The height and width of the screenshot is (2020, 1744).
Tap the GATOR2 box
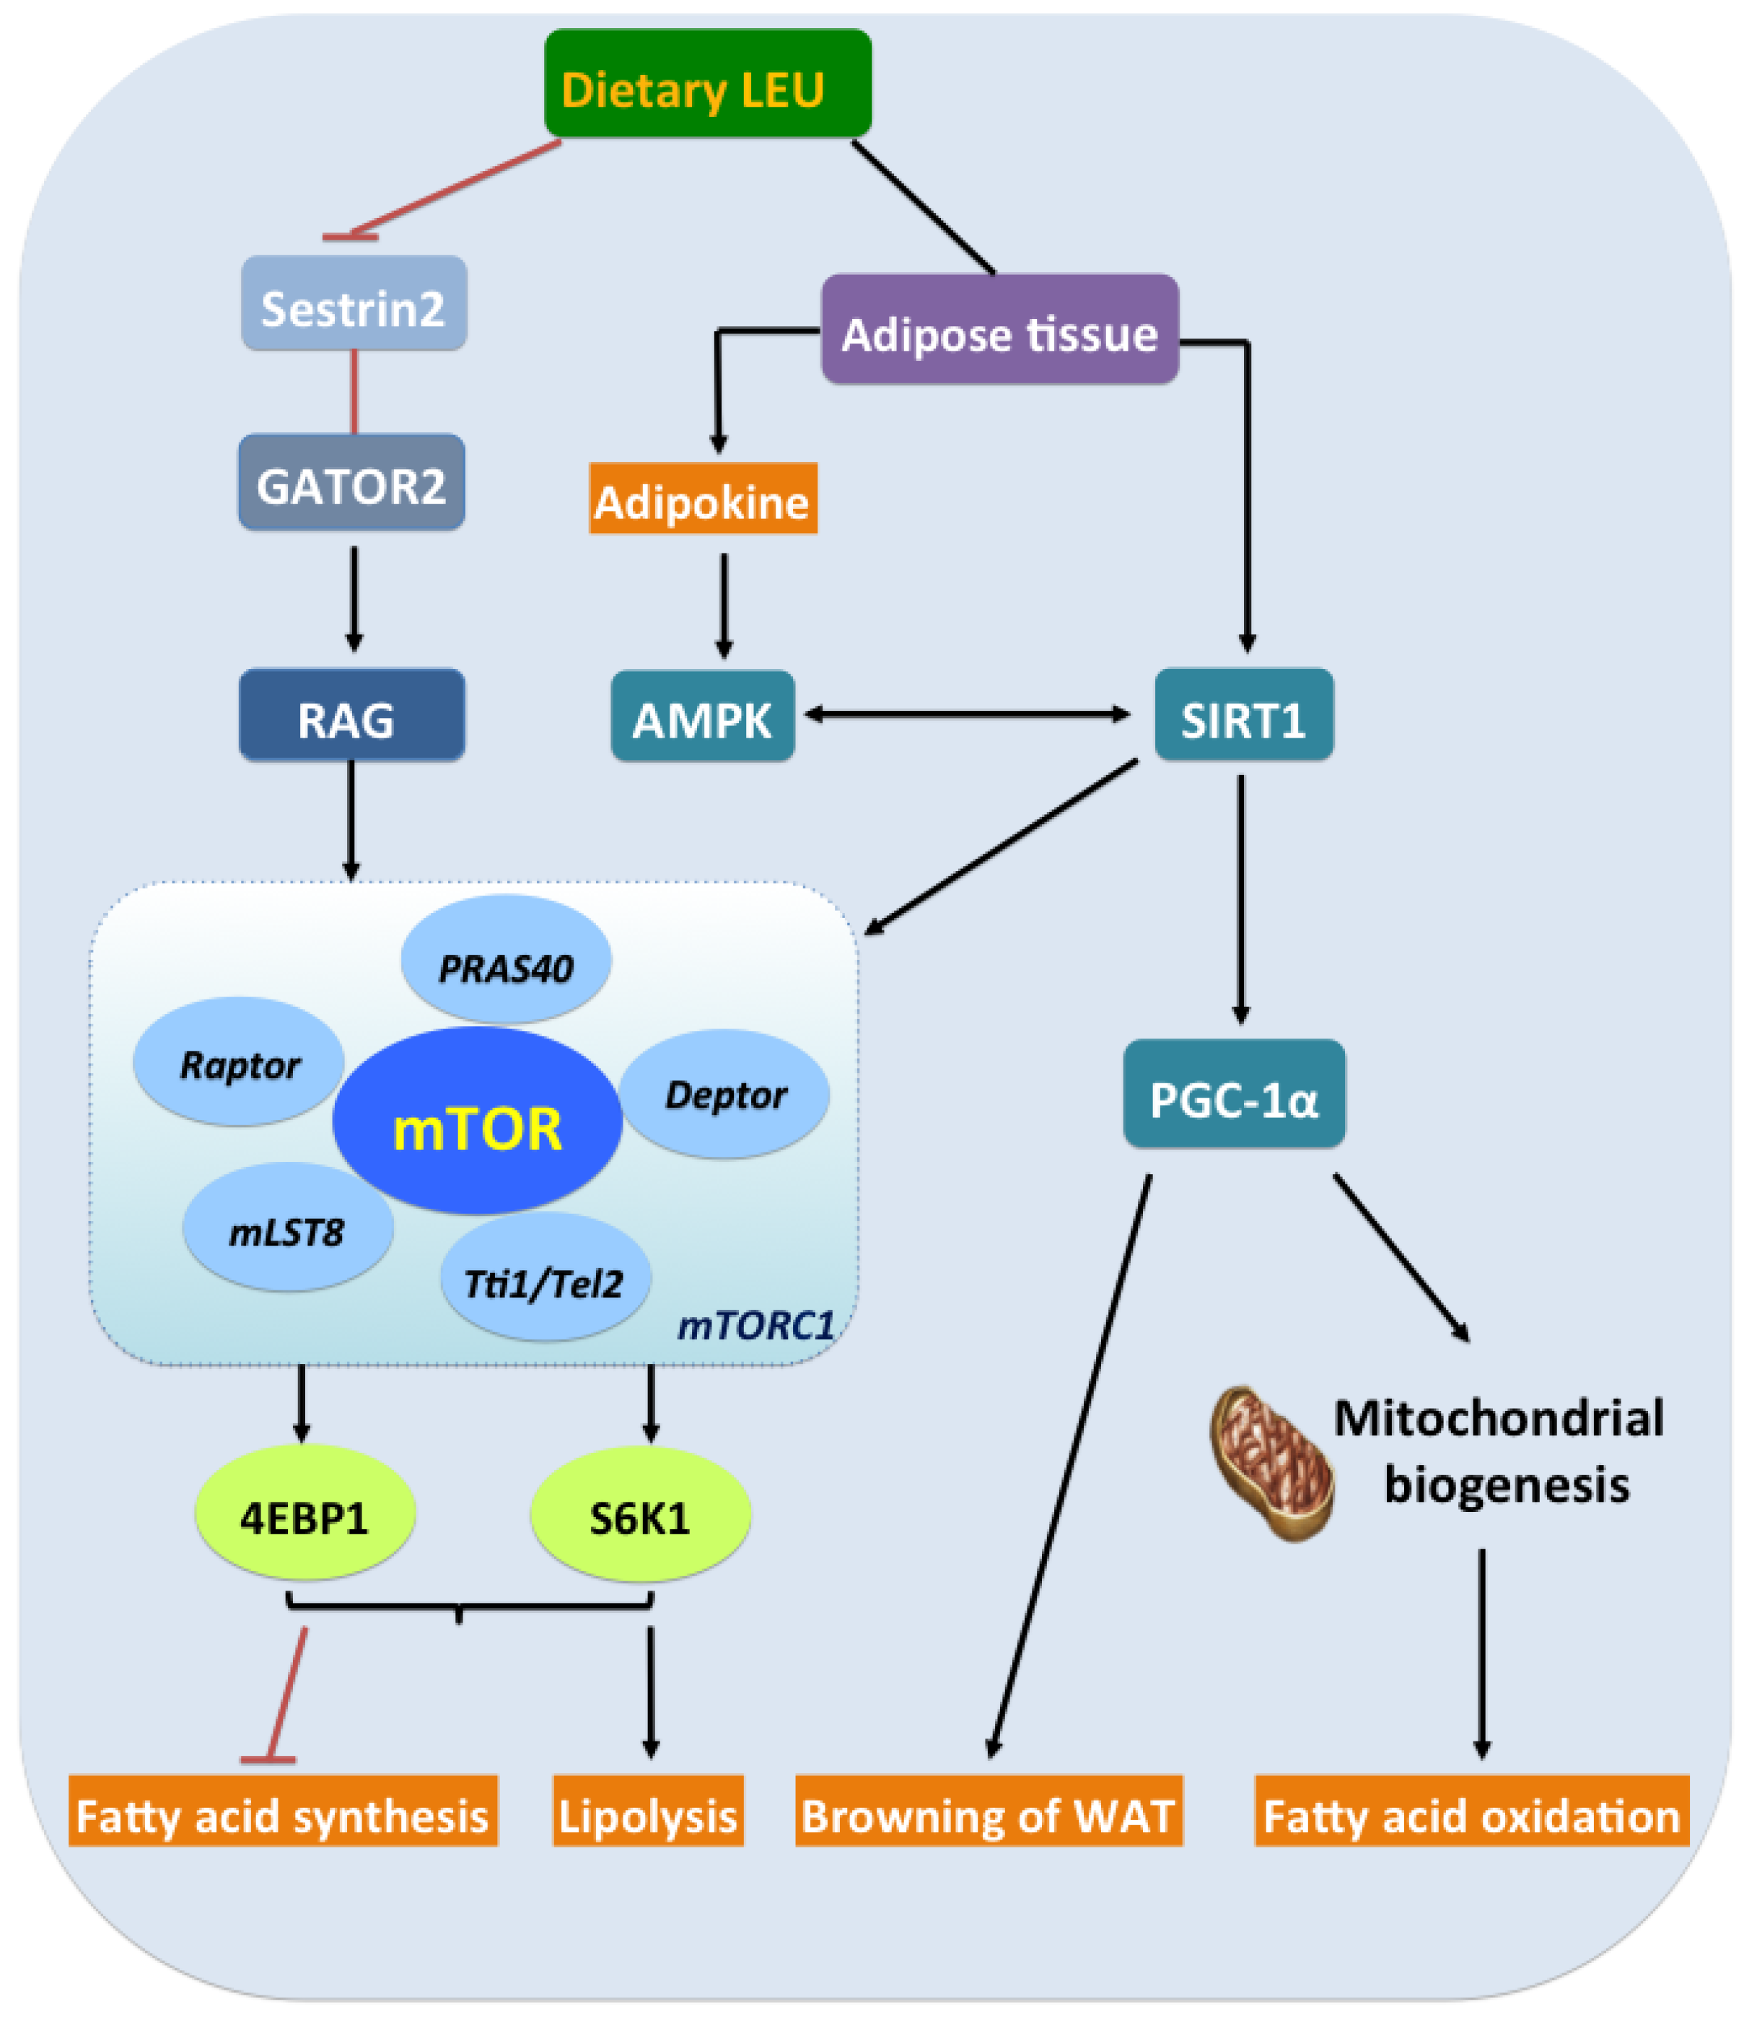[x=351, y=483]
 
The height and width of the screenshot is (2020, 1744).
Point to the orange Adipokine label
[x=702, y=499]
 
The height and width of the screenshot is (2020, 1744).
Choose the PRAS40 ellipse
[x=506, y=961]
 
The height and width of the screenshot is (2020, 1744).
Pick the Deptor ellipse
[x=724, y=1094]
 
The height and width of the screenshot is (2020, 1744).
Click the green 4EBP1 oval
[x=305, y=1513]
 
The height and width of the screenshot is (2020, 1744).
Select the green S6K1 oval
[x=639, y=1514]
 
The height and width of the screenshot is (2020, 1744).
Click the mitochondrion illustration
[x=1270, y=1462]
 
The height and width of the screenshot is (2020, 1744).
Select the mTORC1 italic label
[x=755, y=1326]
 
